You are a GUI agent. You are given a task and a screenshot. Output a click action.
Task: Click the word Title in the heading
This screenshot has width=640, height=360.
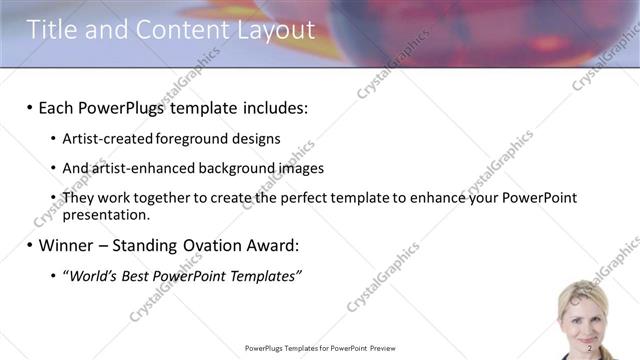point(51,31)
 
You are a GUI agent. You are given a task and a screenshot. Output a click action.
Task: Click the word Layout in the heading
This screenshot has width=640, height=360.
point(264,31)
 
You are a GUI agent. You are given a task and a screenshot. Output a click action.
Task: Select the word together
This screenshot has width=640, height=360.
point(171,198)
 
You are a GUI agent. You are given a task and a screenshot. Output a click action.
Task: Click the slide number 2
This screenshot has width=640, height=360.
point(590,348)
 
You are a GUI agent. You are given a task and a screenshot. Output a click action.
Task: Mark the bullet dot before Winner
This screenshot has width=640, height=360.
point(30,245)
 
